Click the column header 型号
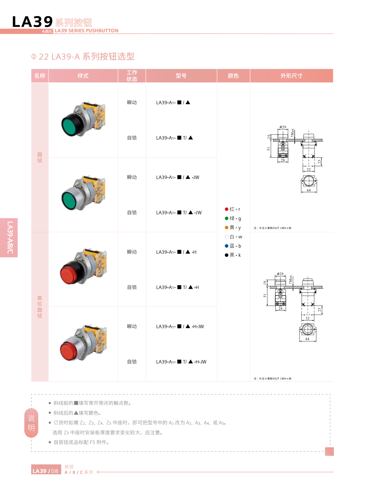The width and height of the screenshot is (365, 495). point(181,76)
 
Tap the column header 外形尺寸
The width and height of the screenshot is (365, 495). point(291,76)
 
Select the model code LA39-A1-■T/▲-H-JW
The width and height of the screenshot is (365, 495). point(181,362)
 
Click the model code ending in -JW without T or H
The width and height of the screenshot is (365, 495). point(178,177)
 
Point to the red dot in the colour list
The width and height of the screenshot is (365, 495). point(227,209)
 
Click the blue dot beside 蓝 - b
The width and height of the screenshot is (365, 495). point(227,246)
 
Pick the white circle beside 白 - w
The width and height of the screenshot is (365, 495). point(227,237)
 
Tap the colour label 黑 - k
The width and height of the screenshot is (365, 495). point(235,255)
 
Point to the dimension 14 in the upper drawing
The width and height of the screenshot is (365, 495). point(268,137)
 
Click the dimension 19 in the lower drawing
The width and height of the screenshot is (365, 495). point(265,283)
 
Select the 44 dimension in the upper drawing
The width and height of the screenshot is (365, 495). point(308,190)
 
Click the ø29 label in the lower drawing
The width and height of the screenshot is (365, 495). point(280,274)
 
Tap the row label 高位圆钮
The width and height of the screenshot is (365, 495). point(40,307)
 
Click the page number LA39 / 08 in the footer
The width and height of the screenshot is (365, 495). point(46,471)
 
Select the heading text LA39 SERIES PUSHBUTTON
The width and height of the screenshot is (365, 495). point(86,31)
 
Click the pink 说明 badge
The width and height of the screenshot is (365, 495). point(31,423)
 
